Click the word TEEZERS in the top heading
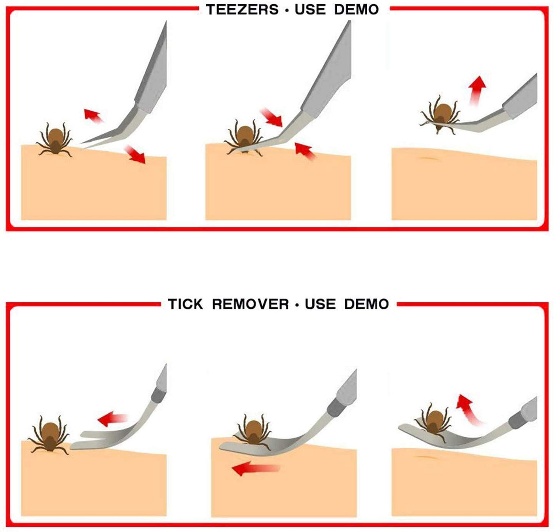(242, 9)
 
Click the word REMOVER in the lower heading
(250, 304)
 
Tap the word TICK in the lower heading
(185, 304)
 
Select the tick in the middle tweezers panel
(243, 138)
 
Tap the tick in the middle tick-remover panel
(253, 432)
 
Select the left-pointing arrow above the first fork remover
(112, 419)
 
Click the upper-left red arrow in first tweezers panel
(93, 115)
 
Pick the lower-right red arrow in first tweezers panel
(135, 154)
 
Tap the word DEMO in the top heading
(357, 9)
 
